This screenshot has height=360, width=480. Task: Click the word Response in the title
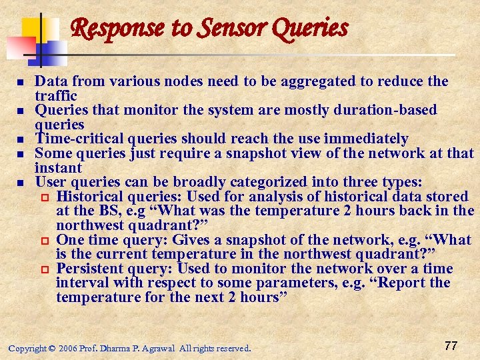[107, 29]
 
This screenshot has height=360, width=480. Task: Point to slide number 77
[451, 345]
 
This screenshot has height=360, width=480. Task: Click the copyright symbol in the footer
[52, 349]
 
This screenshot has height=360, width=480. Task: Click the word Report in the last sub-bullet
[407, 283]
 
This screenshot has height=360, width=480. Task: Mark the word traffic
[56, 96]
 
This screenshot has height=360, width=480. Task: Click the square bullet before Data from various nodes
[21, 82]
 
